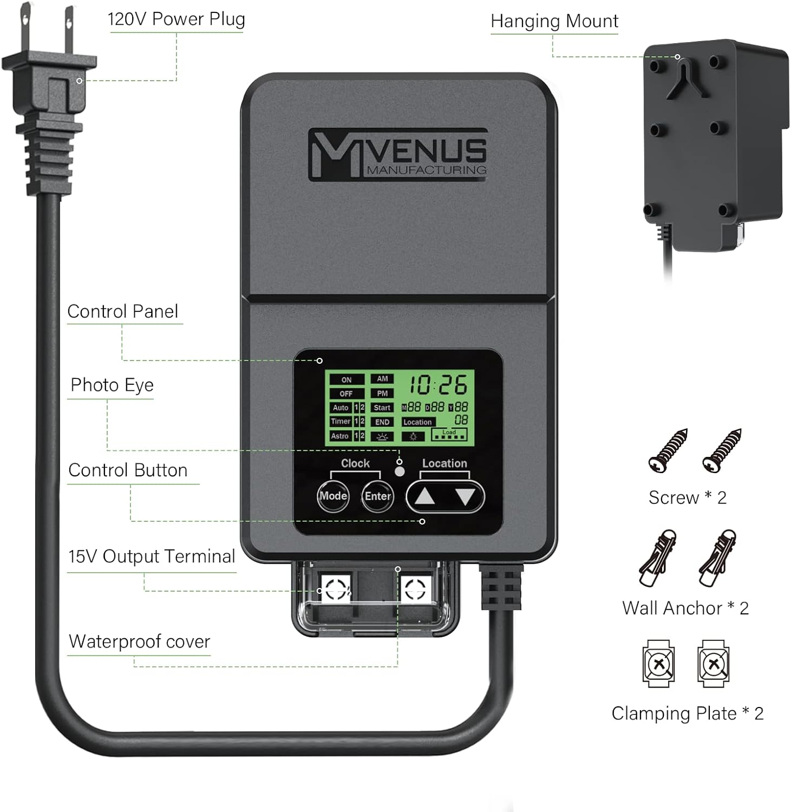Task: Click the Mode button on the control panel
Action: pos(333,496)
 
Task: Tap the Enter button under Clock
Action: pos(377,496)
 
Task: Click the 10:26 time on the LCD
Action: pos(437,385)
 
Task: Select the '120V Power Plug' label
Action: pos(176,19)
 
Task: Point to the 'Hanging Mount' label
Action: pos(554,22)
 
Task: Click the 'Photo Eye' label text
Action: pos(112,385)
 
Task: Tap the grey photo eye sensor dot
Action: pos(400,472)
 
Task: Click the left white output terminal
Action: pos(336,588)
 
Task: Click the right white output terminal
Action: pos(416,588)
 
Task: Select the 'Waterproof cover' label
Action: pos(139,641)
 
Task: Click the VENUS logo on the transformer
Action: pos(398,154)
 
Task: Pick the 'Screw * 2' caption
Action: pos(688,497)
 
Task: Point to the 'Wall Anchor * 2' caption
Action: pos(685,608)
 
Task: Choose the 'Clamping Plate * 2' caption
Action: pos(688,713)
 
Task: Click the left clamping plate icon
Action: pos(659,664)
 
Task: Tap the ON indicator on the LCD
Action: pos(347,380)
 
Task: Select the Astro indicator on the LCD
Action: pos(340,436)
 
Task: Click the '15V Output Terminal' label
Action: pos(152,556)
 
